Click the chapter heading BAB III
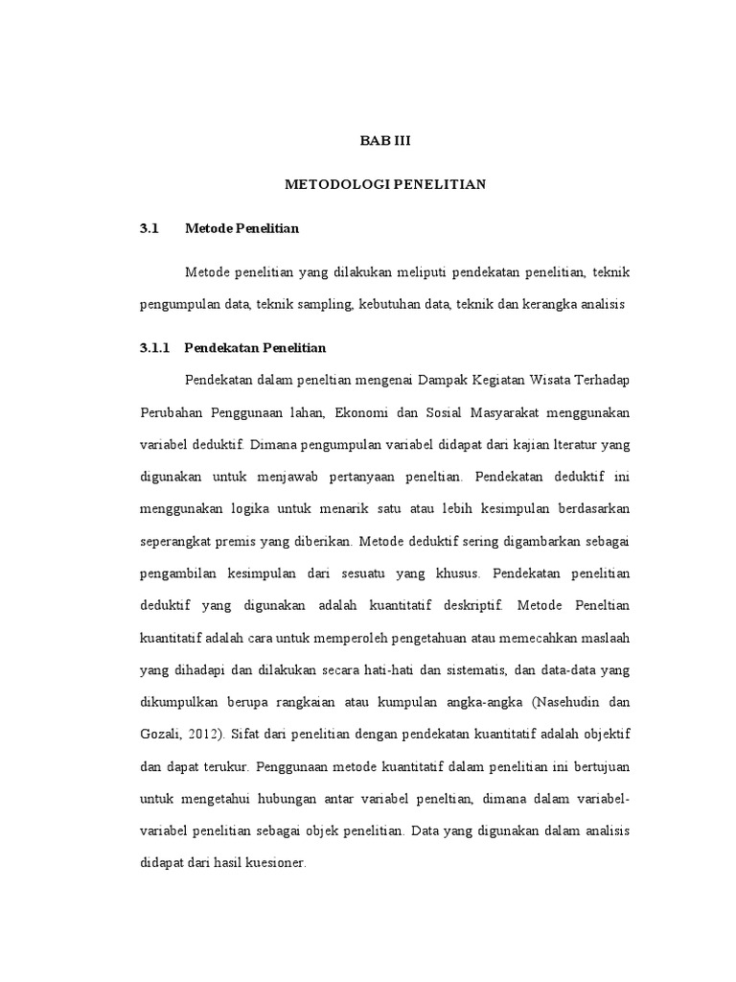384,141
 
